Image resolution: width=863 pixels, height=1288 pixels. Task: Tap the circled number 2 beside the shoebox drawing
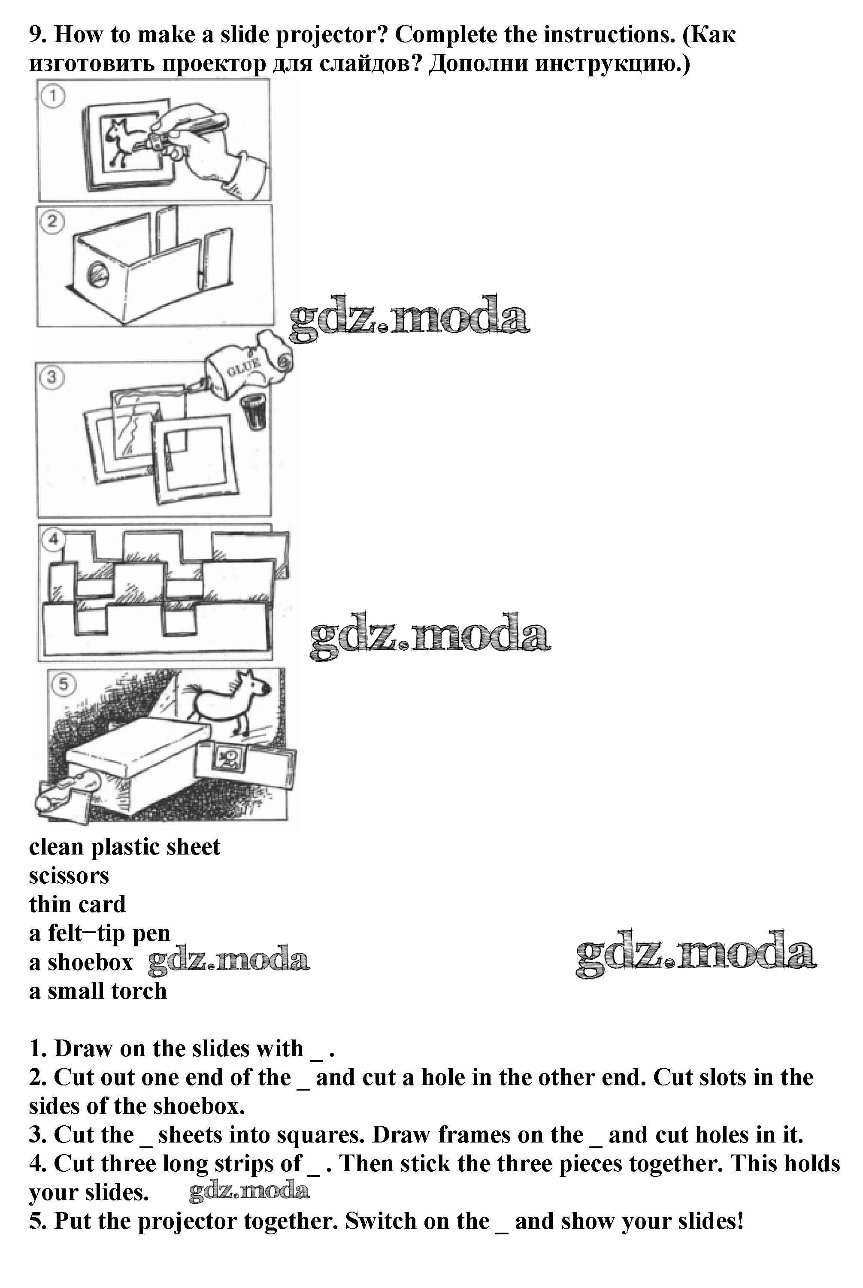pyautogui.click(x=52, y=222)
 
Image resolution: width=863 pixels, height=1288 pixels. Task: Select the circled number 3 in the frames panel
pyautogui.click(x=52, y=378)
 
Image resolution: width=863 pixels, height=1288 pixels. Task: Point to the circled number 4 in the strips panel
pyautogui.click(x=53, y=539)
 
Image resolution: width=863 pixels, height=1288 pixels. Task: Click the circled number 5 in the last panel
pyautogui.click(x=64, y=685)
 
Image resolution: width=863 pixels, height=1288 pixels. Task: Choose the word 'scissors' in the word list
pyautogui.click(x=69, y=876)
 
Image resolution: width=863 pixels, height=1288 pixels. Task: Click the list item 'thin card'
pyautogui.click(x=77, y=904)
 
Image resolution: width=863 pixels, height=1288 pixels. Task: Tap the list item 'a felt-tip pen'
pyautogui.click(x=100, y=933)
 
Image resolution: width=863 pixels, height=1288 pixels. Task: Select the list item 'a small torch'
pyautogui.click(x=98, y=991)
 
